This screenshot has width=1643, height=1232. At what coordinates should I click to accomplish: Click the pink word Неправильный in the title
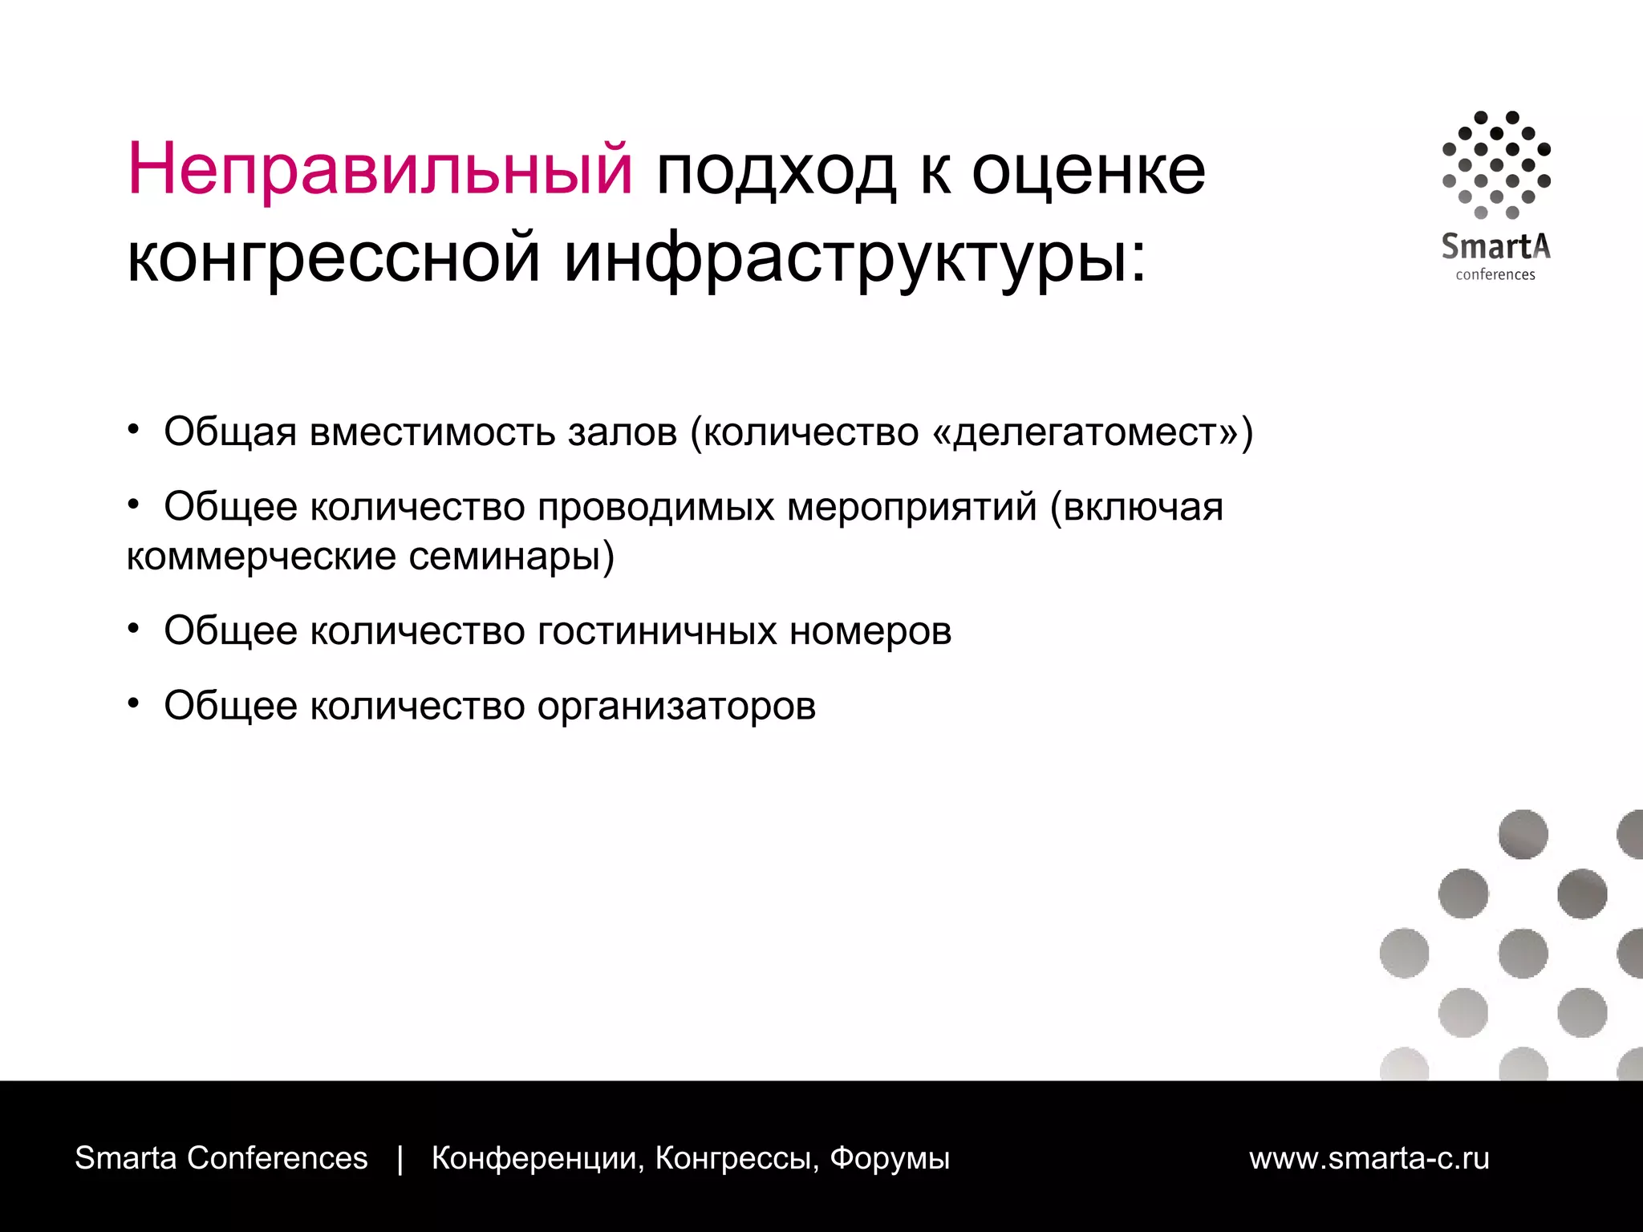tap(379, 170)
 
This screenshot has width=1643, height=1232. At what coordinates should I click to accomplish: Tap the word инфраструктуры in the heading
tap(855, 258)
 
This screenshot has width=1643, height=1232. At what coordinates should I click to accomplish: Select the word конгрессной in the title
tap(334, 258)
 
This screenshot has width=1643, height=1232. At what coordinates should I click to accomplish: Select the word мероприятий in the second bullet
tap(911, 507)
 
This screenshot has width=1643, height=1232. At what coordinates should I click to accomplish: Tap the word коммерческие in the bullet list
tap(261, 556)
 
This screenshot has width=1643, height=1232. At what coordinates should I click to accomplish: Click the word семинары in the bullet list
tap(505, 556)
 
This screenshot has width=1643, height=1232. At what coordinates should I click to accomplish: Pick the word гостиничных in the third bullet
tap(657, 630)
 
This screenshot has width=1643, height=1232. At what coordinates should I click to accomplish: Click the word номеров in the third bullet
tap(870, 630)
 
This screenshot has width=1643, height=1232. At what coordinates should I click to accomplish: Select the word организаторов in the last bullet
tap(676, 706)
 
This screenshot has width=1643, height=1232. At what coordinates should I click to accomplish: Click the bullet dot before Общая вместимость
tap(134, 429)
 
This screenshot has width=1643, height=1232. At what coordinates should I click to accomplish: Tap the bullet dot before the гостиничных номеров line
tap(134, 628)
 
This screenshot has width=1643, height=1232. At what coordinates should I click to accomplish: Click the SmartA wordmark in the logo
tap(1495, 245)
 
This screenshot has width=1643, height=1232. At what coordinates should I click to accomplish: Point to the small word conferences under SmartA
tap(1495, 274)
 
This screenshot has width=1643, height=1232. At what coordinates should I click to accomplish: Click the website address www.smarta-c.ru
tap(1369, 1158)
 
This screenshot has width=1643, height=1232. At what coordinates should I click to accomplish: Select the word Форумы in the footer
tap(890, 1158)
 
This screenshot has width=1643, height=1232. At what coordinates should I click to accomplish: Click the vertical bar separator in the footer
tap(400, 1158)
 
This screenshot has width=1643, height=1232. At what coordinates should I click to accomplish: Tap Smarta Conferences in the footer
tap(221, 1158)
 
